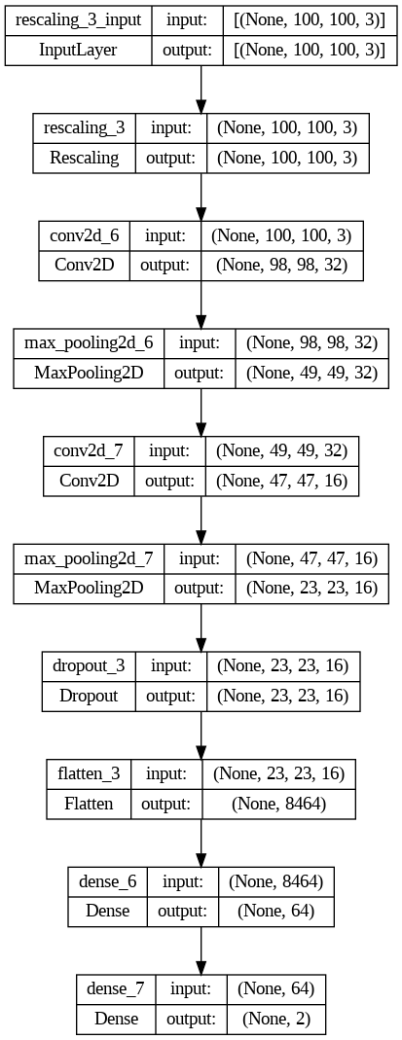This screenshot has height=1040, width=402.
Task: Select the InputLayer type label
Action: coord(79,50)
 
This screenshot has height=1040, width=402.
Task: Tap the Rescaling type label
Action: coord(85,157)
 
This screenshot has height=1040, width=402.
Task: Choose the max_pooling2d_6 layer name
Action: coord(89,342)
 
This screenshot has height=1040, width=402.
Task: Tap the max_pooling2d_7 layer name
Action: coord(89,557)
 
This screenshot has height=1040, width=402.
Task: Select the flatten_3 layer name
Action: coord(88,773)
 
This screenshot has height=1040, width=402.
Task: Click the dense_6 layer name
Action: coord(107,880)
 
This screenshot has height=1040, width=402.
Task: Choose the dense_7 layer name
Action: coord(115,988)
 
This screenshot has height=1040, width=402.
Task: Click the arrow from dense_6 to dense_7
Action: coord(201,949)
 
